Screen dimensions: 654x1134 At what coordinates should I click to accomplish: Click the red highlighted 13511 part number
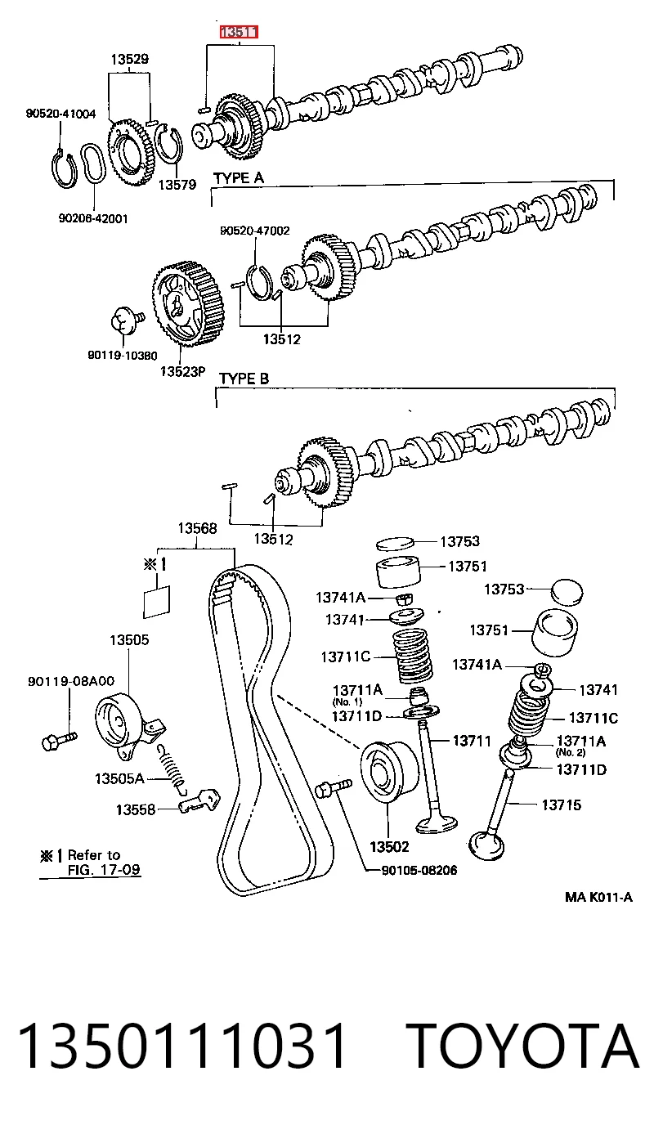tap(239, 33)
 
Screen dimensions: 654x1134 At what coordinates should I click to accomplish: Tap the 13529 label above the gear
tap(130, 59)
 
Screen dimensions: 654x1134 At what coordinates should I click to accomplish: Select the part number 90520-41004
tap(60, 114)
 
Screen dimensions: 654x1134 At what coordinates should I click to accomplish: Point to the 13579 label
tap(177, 184)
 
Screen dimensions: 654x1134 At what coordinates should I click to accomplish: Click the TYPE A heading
tap(239, 177)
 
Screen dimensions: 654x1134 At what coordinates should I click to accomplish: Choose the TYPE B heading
tap(244, 379)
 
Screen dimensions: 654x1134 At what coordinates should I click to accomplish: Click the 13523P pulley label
tap(183, 371)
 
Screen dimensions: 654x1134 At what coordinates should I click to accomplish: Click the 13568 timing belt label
tap(197, 528)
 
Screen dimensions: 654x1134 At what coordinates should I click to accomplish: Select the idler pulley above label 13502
tap(389, 772)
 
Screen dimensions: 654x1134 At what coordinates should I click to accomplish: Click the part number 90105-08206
tap(419, 870)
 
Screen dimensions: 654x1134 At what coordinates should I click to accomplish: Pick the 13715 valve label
tap(562, 805)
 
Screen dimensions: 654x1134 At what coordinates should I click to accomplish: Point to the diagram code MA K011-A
tap(598, 897)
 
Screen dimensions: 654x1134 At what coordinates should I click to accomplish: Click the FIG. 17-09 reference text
tap(104, 870)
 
